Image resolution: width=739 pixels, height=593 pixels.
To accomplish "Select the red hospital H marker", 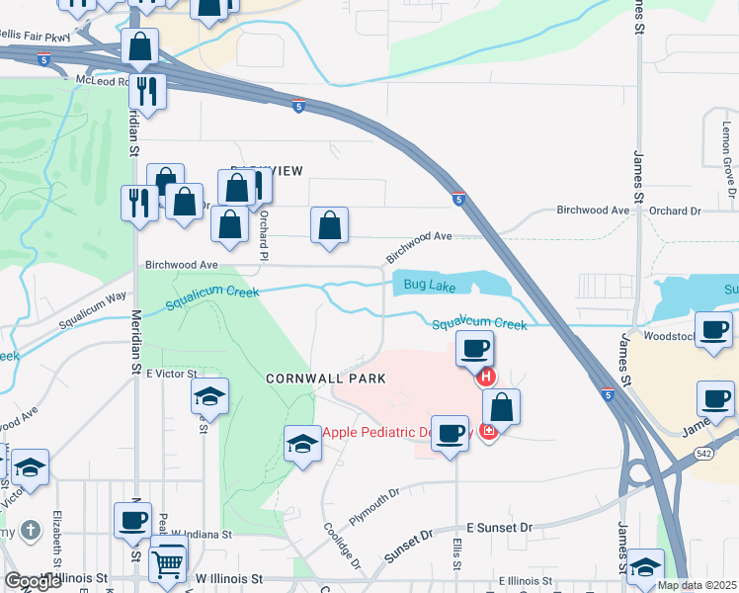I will tap(485, 377).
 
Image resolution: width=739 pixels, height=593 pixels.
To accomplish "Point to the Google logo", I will tap(33, 581).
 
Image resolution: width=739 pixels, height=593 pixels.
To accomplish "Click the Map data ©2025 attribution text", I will tap(696, 585).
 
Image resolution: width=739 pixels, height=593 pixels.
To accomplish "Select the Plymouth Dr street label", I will tap(374, 506).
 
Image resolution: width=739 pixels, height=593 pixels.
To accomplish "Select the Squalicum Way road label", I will tap(93, 309).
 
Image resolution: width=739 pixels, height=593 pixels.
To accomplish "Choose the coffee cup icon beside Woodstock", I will tap(713, 331).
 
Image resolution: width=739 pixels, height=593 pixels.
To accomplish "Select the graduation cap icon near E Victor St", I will tap(208, 397).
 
